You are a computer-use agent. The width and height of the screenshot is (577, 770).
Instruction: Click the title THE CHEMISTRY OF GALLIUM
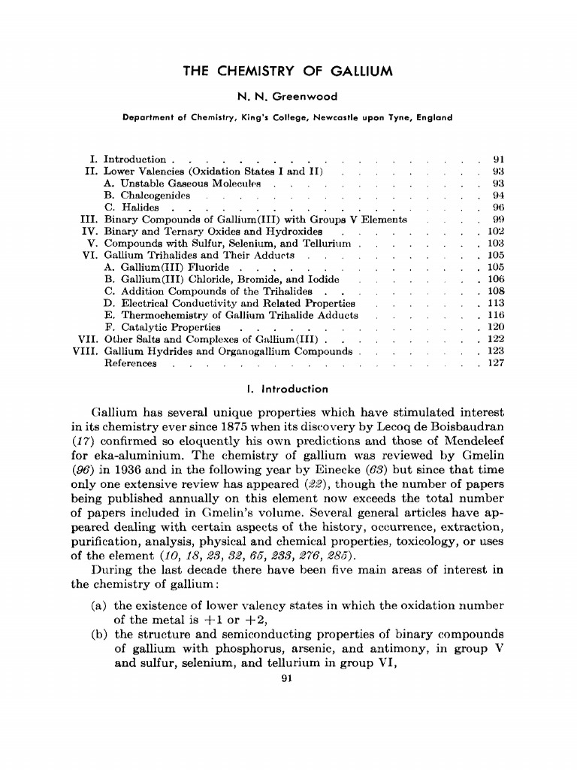[x=288, y=72]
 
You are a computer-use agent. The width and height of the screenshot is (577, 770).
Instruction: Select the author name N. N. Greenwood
[x=288, y=96]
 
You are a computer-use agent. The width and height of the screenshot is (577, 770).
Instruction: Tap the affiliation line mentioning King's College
[x=288, y=117]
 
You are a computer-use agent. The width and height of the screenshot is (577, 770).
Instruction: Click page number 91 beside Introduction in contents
[x=497, y=159]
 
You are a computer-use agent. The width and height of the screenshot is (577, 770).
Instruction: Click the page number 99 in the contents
[x=497, y=220]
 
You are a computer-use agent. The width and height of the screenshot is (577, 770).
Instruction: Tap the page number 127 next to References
[x=494, y=364]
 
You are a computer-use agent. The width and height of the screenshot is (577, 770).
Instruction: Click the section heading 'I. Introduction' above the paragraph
[x=288, y=389]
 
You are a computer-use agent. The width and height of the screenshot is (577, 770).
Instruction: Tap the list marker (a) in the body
[x=99, y=605]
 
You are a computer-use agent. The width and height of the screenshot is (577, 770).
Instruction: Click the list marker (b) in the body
[x=99, y=635]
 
